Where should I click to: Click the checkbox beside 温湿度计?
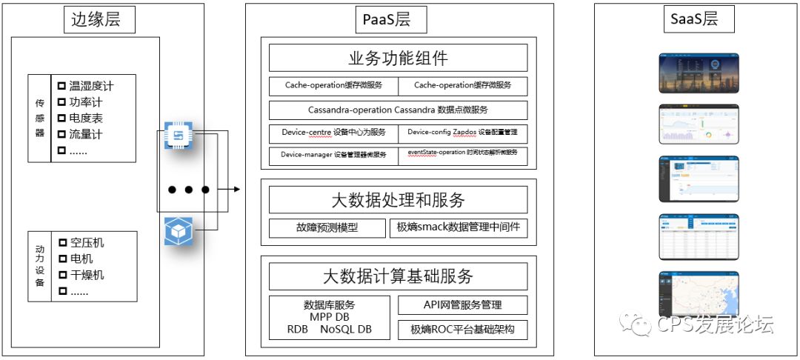61,86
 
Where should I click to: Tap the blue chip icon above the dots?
178,136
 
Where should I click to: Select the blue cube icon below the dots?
178,232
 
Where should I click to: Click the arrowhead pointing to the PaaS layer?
236,190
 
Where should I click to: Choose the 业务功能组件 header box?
398,59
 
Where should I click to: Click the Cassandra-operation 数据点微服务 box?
398,110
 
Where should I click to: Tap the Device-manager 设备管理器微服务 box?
333,156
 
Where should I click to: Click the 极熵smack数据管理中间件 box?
459,228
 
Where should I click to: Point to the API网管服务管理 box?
462,304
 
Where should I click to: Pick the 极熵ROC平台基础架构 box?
462,330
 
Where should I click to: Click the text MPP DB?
330,317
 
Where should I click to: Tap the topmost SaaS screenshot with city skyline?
699,72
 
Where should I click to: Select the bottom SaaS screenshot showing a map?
699,293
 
